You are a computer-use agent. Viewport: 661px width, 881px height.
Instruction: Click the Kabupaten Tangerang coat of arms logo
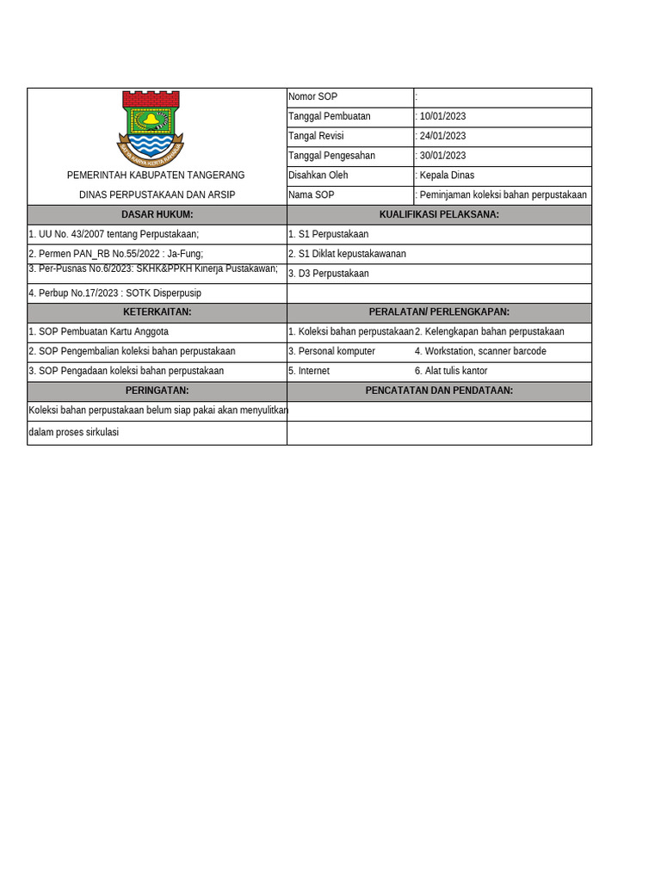[x=150, y=126]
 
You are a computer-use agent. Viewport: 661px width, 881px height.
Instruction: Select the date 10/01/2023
[x=442, y=116]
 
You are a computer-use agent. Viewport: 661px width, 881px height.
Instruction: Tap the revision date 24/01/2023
[x=442, y=136]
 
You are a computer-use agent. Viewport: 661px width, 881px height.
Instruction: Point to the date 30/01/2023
[x=442, y=156]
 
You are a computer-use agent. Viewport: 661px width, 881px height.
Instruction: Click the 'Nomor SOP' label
[x=313, y=97]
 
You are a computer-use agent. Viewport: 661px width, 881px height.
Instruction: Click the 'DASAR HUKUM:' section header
[x=157, y=214]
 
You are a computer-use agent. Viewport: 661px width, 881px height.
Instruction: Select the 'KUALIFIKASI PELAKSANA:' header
[x=439, y=214]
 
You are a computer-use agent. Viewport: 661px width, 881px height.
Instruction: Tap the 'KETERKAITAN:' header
[x=157, y=311]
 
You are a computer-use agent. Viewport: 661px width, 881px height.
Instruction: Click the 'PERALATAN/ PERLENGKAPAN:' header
[x=439, y=311]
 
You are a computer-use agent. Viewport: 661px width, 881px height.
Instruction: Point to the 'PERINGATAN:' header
[x=157, y=391]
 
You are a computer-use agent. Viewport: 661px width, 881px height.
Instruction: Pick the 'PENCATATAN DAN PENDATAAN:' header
[x=439, y=391]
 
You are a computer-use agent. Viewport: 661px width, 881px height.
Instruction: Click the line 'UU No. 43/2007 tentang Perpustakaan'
[x=114, y=234]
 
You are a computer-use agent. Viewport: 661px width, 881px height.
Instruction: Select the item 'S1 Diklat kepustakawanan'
[x=347, y=254]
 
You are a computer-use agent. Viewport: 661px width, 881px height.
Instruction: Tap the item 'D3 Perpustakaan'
[x=328, y=274]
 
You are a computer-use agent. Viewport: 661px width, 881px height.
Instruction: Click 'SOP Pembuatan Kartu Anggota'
[x=99, y=331]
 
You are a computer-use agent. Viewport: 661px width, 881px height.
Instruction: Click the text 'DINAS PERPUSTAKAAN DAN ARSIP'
[x=157, y=195]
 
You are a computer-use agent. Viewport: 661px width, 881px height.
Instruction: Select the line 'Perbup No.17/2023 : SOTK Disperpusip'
[x=114, y=293]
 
